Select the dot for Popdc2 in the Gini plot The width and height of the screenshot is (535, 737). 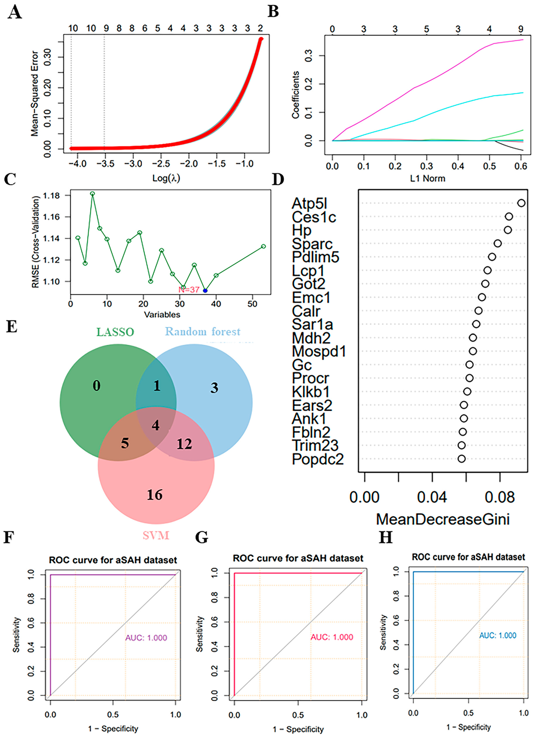point(461,458)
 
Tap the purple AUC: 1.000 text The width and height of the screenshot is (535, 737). point(146,638)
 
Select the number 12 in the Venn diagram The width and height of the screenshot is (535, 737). point(184,444)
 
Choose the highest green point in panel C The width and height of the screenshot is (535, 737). point(93,194)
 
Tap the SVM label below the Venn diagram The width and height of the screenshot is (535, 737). point(156,535)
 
